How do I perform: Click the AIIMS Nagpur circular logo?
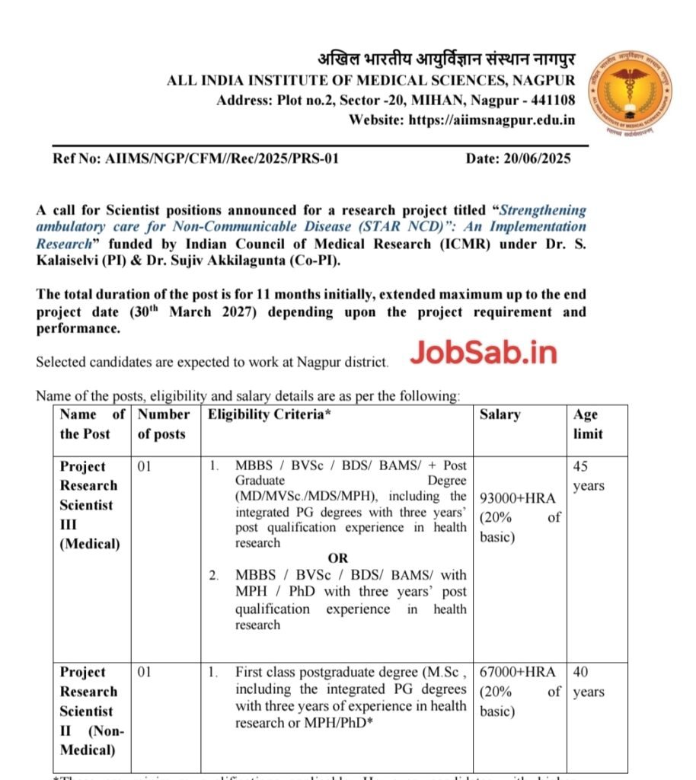click(x=634, y=94)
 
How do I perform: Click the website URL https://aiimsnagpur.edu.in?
click(x=492, y=120)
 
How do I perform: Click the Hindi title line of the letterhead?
click(x=446, y=60)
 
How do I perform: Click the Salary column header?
click(x=500, y=414)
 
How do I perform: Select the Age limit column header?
click(x=587, y=424)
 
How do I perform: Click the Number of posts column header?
click(x=162, y=424)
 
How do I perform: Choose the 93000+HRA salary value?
click(x=519, y=498)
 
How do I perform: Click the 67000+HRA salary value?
click(x=519, y=673)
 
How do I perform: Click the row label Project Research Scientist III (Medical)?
click(x=89, y=504)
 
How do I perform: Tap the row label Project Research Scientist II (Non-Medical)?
click(x=89, y=711)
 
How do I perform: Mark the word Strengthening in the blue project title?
click(x=541, y=209)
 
